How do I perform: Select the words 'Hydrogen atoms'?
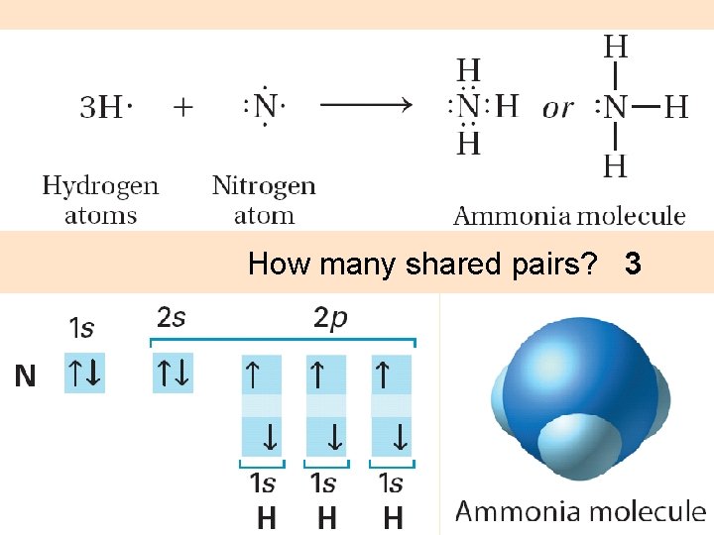click(x=100, y=200)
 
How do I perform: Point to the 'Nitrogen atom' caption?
click(x=264, y=200)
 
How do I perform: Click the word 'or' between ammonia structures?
click(x=557, y=108)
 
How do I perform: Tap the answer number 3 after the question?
click(x=633, y=265)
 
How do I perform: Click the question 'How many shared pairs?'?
click(x=422, y=265)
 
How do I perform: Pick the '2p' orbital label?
click(x=330, y=319)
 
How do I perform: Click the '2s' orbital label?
click(x=172, y=318)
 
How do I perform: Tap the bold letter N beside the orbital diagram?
click(x=25, y=375)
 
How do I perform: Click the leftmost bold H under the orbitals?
click(x=266, y=517)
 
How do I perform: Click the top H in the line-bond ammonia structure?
click(x=616, y=46)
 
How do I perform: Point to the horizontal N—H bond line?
click(x=646, y=106)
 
